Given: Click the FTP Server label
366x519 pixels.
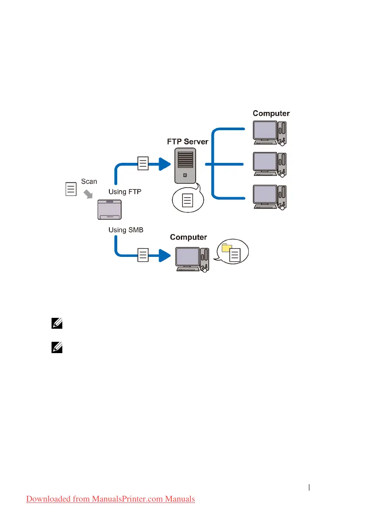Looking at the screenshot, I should tap(187, 142).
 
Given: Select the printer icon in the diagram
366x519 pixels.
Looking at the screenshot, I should tap(109, 212).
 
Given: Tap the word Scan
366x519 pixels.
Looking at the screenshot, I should tap(89, 181).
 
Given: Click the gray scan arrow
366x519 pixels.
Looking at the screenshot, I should tap(88, 193).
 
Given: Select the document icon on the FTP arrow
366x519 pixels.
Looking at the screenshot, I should tap(143, 163).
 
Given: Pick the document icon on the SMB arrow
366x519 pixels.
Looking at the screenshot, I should tap(143, 254).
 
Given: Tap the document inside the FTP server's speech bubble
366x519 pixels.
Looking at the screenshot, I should tap(187, 200).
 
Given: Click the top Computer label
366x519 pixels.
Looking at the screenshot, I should tap(271, 114).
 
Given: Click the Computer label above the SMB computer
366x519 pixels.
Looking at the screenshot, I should tap(188, 237).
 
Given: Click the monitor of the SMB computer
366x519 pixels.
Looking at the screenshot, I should tap(187, 257).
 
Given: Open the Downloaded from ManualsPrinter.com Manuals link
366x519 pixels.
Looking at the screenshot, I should tap(111, 499).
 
